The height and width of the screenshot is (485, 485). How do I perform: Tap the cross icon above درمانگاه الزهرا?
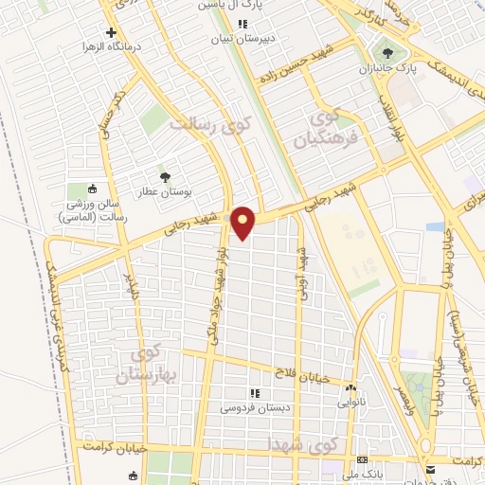pyautogui.click(x=111, y=32)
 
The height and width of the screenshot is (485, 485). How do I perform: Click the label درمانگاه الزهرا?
pyautogui.click(x=116, y=45)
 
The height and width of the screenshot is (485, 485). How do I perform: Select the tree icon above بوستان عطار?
pyautogui.click(x=165, y=176)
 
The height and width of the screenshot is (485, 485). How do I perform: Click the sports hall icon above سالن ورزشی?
pyautogui.click(x=92, y=189)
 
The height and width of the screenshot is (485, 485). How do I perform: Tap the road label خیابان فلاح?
pyautogui.click(x=301, y=376)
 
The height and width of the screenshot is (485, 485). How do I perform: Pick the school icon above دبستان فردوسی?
pyautogui.click(x=253, y=393)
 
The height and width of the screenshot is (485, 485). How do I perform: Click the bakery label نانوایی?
pyautogui.click(x=351, y=402)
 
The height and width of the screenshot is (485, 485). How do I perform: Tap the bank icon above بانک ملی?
pyautogui.click(x=362, y=459)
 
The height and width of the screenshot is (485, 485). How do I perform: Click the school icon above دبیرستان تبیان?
pyautogui.click(x=242, y=24)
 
